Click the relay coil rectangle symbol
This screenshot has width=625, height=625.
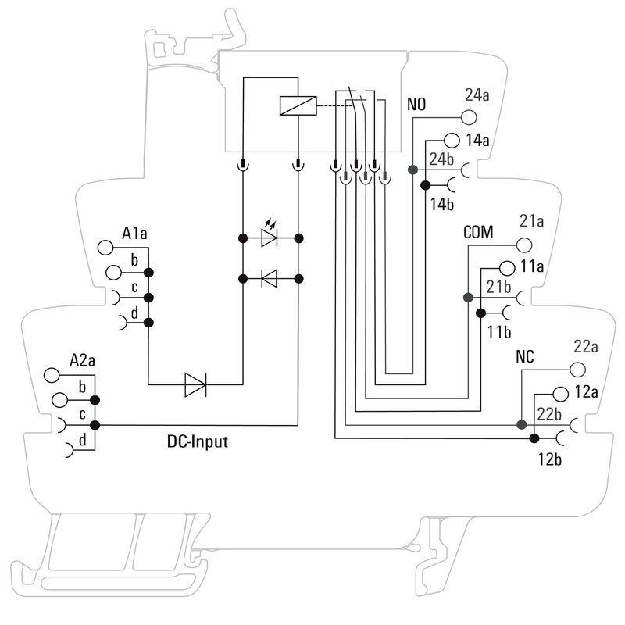pyautogui.click(x=298, y=105)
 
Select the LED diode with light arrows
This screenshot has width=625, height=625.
pyautogui.click(x=270, y=237)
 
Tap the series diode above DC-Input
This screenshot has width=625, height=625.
pyautogui.click(x=195, y=384)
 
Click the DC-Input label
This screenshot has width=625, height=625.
pyautogui.click(x=198, y=441)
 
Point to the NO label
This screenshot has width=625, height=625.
pyautogui.click(x=417, y=104)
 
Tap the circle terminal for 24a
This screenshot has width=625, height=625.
pyautogui.click(x=469, y=118)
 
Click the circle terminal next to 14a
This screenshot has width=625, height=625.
pyautogui.click(x=451, y=141)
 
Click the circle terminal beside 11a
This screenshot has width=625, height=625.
pyautogui.click(x=506, y=266)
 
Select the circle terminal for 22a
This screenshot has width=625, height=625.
pyautogui.click(x=577, y=370)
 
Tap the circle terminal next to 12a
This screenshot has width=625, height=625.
pyautogui.click(x=559, y=392)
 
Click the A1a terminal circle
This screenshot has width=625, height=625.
pyautogui.click(x=106, y=248)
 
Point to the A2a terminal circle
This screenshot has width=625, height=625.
pyautogui.click(x=53, y=376)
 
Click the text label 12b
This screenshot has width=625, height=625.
pyautogui.click(x=548, y=459)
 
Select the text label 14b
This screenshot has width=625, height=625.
pyautogui.click(x=442, y=205)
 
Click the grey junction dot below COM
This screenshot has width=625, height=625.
pyautogui.click(x=467, y=298)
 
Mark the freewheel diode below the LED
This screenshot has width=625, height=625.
pyautogui.click(x=270, y=277)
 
